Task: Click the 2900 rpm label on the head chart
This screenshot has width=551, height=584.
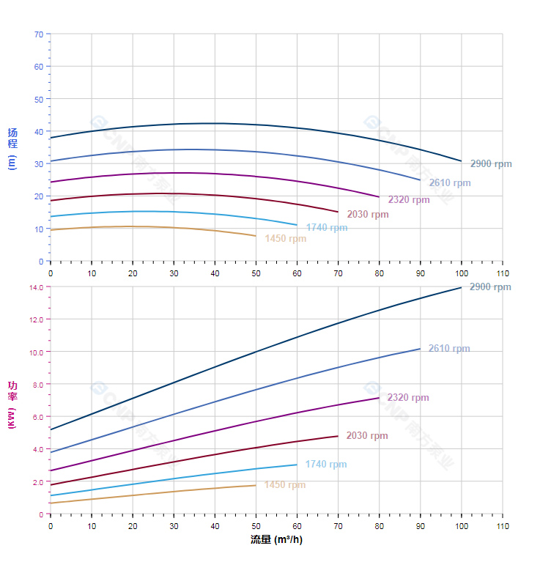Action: coord(491,164)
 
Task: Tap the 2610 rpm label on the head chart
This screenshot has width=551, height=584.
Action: coord(450,183)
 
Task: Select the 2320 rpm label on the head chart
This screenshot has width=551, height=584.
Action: coord(409,200)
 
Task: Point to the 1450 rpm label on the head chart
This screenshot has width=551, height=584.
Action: coord(286,239)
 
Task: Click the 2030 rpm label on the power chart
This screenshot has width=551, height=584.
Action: coord(367,436)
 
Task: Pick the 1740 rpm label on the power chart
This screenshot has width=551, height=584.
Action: coord(326,465)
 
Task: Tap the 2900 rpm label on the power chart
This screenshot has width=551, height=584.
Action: coord(490,287)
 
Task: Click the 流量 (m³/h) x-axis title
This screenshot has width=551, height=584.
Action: coord(276,540)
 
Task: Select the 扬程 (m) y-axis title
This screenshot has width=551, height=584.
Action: coord(12,147)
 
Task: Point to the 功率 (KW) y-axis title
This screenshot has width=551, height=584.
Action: coord(12,404)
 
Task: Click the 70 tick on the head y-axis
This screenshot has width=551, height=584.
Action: coord(38,34)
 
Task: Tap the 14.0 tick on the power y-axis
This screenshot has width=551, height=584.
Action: coord(36,287)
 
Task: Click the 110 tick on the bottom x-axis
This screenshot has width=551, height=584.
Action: coord(502,526)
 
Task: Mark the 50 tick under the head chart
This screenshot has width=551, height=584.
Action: coord(256,273)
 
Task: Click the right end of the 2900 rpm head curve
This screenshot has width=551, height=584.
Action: coord(462,161)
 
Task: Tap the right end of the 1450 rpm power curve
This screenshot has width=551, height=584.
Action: coord(256,485)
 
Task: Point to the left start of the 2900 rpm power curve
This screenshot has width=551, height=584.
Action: coord(51,429)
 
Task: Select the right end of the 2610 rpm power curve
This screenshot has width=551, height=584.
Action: coord(420,349)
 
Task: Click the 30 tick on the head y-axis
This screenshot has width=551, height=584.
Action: coord(38,164)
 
